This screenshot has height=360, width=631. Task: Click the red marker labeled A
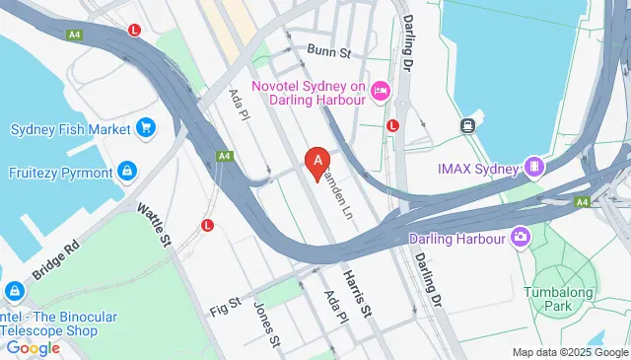click(317, 162)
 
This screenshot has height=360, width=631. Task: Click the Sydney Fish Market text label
click(70, 129)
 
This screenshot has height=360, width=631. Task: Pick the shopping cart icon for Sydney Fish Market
click(146, 127)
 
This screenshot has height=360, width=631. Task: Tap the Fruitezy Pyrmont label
click(60, 172)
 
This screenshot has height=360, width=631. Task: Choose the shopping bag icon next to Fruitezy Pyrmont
click(127, 172)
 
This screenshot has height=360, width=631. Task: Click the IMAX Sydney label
click(478, 168)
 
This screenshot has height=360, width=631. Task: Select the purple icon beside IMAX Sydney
click(534, 167)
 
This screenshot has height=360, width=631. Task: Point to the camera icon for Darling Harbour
click(520, 237)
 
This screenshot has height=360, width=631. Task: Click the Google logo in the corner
click(34, 347)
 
